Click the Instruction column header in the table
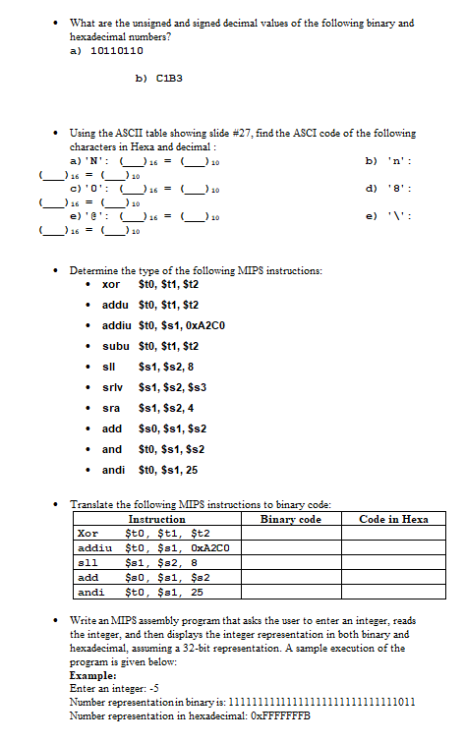[x=157, y=519]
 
